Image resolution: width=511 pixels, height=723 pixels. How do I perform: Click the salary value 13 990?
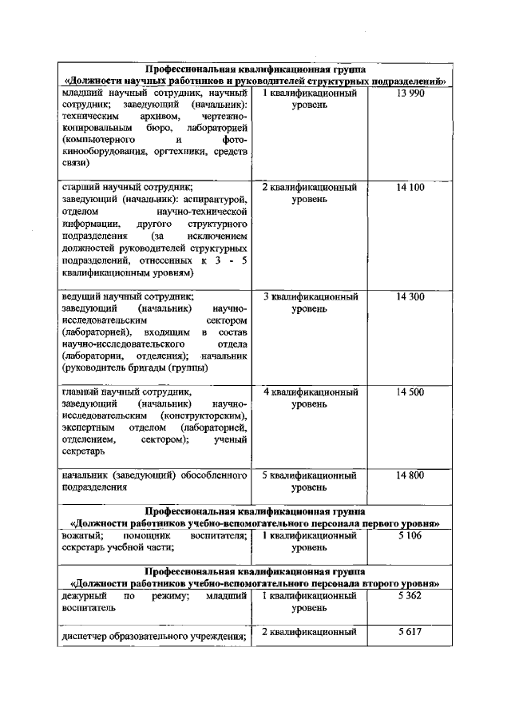(x=410, y=93)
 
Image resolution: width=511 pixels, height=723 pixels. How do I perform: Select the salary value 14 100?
(x=410, y=187)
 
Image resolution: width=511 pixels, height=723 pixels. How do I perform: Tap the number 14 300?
(x=410, y=296)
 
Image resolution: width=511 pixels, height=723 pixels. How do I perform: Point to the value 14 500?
(x=410, y=392)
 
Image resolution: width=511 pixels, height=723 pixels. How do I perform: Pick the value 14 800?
(x=410, y=475)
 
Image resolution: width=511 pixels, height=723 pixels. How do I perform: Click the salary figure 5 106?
(x=410, y=535)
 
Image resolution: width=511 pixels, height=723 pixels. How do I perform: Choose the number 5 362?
(x=410, y=595)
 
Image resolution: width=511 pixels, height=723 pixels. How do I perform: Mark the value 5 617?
(x=410, y=631)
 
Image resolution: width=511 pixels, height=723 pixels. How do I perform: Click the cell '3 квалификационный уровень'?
(x=310, y=302)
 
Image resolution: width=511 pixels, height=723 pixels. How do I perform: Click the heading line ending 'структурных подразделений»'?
(x=255, y=81)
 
